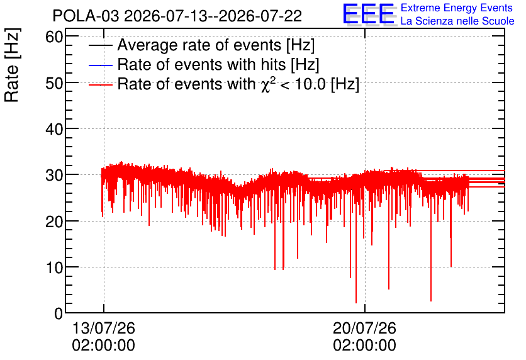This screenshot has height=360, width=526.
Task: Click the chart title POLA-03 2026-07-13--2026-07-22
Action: point(177,16)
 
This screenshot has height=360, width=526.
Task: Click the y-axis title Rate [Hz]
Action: point(12,65)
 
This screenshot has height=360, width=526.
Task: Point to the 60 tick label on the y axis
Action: point(54,37)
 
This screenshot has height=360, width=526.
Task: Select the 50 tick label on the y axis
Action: point(54,83)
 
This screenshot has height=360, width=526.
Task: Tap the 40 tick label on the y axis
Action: point(54,129)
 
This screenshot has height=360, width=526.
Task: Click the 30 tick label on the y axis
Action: point(54,175)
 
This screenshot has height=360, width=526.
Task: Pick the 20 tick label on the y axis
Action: point(54,221)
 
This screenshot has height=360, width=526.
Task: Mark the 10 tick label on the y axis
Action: point(54,267)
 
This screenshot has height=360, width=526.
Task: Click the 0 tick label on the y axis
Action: point(59,313)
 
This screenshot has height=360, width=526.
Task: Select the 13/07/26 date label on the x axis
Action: point(104,328)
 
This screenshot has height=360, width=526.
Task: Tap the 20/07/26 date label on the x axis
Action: point(365,328)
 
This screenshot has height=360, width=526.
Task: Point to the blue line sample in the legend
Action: point(100,65)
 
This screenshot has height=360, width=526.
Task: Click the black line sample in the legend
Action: point(100,45)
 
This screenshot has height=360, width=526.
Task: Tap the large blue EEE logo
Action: point(369,14)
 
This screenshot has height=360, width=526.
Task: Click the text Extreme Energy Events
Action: point(457,8)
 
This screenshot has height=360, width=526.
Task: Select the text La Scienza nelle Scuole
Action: point(457,21)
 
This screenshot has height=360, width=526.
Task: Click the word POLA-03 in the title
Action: point(86,16)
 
